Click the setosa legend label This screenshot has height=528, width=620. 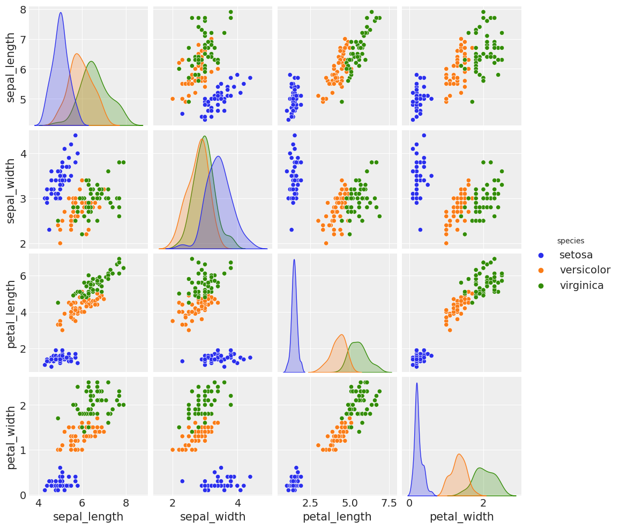(576, 255)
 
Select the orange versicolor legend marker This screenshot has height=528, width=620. (542, 270)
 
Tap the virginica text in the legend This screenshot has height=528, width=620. (581, 286)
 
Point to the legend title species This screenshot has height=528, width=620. (570, 241)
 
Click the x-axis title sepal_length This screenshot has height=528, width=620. (88, 517)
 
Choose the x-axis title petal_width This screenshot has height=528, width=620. (461, 517)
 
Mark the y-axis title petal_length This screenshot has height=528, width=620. (11, 313)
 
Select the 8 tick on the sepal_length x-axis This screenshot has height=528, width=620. (125, 504)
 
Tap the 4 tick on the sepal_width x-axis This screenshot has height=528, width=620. (237, 504)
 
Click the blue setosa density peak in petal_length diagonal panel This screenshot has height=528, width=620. (294, 260)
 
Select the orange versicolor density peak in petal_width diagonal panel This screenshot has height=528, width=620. (459, 455)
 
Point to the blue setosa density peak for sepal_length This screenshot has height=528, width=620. (61, 13)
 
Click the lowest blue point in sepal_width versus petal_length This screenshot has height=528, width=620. (292, 229)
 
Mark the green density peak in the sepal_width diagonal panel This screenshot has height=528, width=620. (205, 137)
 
